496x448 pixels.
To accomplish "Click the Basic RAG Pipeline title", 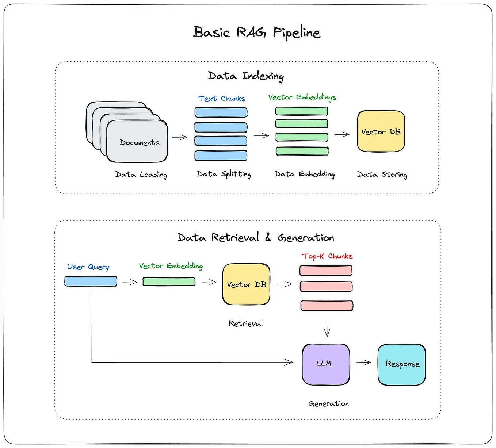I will [256, 32].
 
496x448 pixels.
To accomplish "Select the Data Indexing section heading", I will [246, 76].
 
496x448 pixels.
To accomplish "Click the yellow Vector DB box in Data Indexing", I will [381, 131].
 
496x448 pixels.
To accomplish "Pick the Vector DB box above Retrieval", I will [246, 284].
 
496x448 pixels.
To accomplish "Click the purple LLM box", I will [325, 364].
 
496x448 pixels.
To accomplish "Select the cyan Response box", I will [401, 364].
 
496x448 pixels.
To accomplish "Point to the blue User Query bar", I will [91, 281].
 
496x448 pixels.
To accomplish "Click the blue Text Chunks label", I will [221, 99].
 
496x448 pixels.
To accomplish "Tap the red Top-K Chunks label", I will [327, 256].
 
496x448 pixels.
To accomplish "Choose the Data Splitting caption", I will [224, 174].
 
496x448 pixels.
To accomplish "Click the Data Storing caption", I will [382, 175].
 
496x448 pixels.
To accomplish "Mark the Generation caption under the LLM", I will [328, 403].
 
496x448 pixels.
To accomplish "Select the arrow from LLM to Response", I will [363, 363].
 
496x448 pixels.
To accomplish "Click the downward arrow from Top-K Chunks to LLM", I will [327, 328].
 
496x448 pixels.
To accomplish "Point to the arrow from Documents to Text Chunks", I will [180, 137].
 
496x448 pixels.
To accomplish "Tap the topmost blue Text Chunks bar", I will [221, 112].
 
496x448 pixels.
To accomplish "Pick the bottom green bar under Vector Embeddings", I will [302, 151].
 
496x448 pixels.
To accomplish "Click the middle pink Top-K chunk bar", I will [326, 286].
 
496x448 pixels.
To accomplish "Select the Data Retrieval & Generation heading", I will [256, 238].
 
